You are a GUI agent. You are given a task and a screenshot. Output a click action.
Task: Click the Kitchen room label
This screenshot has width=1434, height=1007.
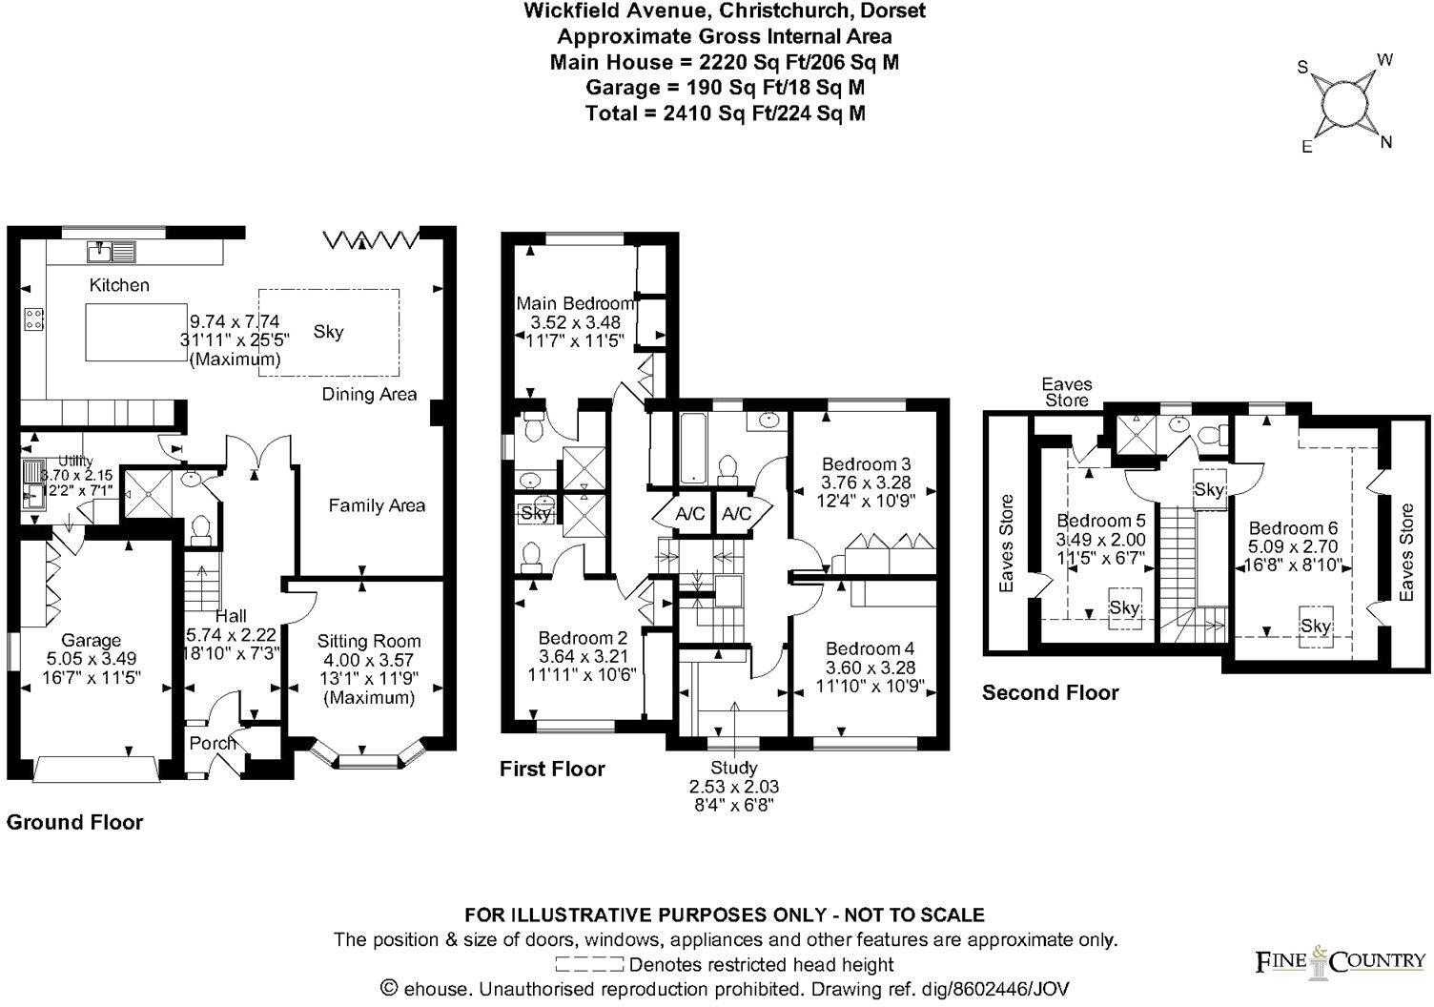tap(119, 285)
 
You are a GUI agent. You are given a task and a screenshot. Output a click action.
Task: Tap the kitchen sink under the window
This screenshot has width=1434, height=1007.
tap(112, 252)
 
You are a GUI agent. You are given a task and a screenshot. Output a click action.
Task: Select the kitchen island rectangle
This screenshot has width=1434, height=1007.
tap(133, 331)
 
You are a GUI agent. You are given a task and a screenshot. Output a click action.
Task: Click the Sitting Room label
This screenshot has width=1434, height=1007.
tap(369, 642)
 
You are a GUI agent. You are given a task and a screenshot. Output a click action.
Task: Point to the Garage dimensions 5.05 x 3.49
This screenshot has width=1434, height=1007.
tap(92, 659)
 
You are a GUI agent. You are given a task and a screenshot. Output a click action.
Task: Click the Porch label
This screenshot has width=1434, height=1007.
tap(212, 744)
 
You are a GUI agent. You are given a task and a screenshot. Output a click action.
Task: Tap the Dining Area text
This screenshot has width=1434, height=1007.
tap(369, 394)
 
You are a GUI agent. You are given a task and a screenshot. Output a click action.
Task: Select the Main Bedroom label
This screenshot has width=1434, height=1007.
tap(575, 304)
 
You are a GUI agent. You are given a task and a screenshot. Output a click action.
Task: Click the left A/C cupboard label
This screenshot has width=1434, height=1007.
tap(689, 514)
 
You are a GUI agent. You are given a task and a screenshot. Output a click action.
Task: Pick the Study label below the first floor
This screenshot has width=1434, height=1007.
tap(734, 768)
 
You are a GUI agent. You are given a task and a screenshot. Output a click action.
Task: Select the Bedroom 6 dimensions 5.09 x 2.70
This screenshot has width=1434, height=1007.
tap(1294, 547)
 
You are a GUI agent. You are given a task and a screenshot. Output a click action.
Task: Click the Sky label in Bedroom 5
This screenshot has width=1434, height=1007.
tap(1125, 607)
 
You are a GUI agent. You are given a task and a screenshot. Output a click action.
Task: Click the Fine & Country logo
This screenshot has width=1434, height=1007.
tap(1340, 961)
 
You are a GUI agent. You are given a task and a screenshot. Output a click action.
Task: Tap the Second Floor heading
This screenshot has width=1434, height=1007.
tap(1050, 693)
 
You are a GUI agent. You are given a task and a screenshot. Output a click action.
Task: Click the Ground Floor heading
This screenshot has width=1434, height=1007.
tap(75, 822)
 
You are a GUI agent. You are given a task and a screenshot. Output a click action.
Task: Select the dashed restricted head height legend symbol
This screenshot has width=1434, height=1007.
tap(589, 965)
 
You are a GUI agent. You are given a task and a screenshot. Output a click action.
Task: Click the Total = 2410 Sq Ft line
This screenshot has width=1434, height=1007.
tap(726, 113)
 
